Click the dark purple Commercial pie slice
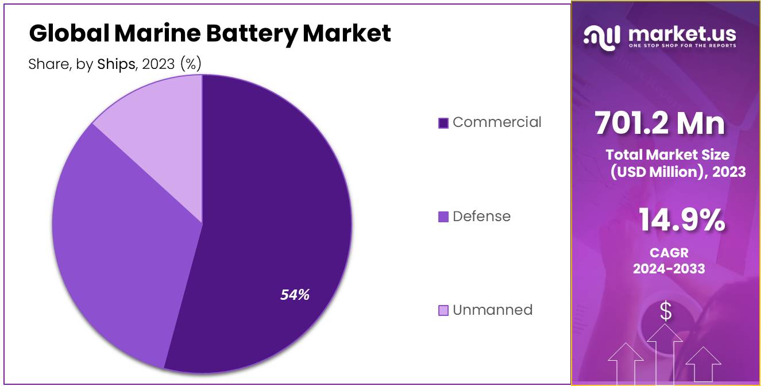click(x=276, y=218)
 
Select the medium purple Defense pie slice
click(x=121, y=241)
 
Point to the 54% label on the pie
click(x=295, y=295)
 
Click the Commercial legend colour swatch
click(x=443, y=123)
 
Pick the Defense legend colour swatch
click(x=443, y=217)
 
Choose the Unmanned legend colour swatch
click(x=443, y=311)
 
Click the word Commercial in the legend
click(x=497, y=122)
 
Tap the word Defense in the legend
click(x=481, y=217)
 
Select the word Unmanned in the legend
click(x=492, y=310)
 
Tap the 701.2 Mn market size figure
click(x=659, y=123)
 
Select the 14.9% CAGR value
click(x=682, y=221)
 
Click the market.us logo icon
click(x=602, y=36)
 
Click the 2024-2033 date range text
click(x=669, y=268)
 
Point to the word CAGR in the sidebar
click(x=669, y=253)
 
